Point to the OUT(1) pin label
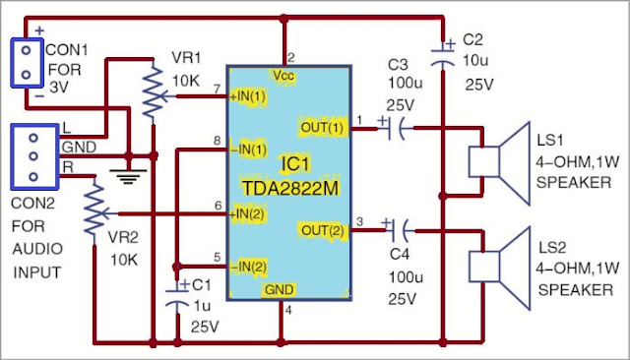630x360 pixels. [x=322, y=126]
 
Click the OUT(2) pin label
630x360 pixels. [x=322, y=230]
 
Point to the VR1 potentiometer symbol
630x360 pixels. [x=151, y=93]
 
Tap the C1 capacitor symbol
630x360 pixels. [x=177, y=300]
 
